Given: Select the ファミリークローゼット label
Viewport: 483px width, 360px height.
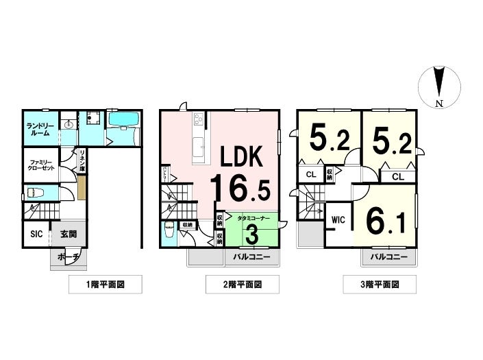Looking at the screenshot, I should click(38, 167).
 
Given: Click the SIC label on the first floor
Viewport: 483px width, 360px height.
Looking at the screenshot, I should click(36, 235).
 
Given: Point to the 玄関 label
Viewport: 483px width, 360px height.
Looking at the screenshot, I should click(68, 235).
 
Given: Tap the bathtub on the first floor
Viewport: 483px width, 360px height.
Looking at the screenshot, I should click(123, 121).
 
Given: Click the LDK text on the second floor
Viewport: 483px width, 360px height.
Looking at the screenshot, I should click(241, 158).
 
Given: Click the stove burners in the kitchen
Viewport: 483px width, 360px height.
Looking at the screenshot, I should click(199, 121).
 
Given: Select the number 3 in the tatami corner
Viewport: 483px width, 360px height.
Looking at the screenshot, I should click(251, 234).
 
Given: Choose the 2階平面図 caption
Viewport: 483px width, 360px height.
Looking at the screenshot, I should click(233, 283).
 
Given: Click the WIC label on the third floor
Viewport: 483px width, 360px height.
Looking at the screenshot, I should click(338, 221).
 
